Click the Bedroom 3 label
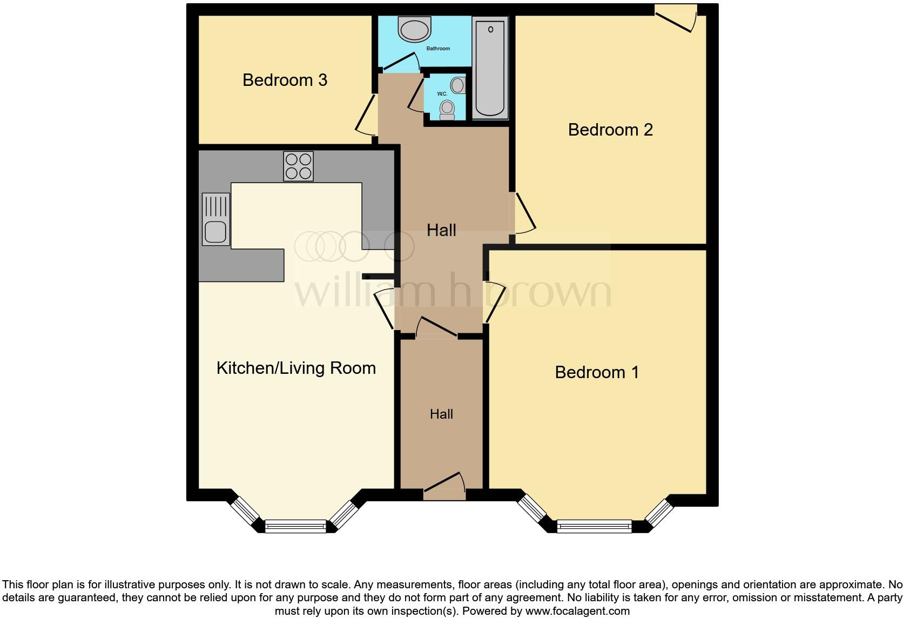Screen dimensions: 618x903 285,80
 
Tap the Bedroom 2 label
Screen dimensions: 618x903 610,130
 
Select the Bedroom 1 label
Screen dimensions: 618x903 597,372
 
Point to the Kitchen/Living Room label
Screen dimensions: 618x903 296,368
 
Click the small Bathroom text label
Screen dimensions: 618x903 438,49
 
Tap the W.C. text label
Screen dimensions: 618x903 442,94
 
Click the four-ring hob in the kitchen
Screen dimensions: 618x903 298,166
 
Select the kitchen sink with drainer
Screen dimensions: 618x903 215,219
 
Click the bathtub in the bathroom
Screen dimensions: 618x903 490,68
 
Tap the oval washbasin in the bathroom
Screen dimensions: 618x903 415,29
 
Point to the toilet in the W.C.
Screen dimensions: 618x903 447,110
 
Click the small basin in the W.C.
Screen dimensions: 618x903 458,85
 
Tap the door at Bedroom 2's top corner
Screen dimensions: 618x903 675,19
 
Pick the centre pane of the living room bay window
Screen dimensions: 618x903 295,526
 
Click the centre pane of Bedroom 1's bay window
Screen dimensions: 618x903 594,526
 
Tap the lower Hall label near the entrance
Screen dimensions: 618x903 441,414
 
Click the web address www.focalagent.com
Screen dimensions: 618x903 577,612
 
